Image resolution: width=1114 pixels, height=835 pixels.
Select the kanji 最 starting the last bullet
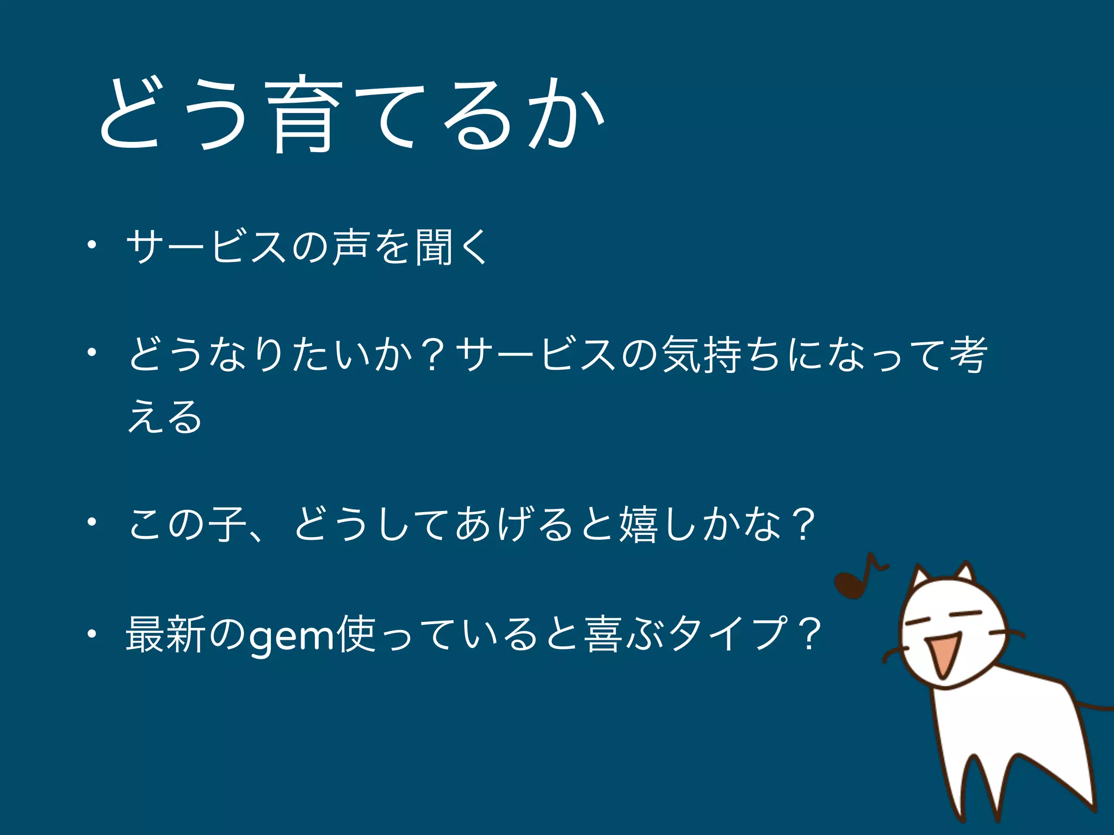point(145,634)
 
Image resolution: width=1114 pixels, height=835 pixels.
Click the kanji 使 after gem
point(356,634)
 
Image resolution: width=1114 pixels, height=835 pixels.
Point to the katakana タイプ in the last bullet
point(729,634)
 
